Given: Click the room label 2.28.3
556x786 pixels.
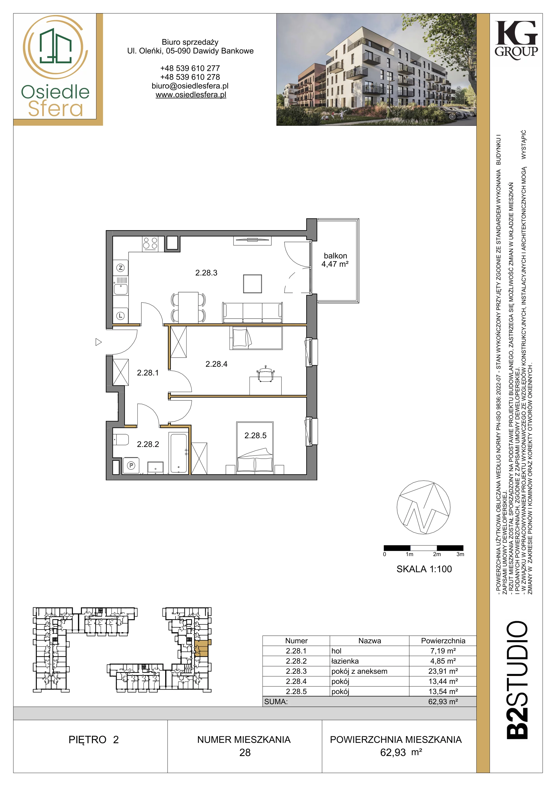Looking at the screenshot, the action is (206, 273).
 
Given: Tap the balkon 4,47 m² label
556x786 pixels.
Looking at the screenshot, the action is (335, 260).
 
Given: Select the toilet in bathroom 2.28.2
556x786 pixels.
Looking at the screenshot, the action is (121, 439).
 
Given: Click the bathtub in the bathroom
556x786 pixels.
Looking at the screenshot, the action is (178, 453).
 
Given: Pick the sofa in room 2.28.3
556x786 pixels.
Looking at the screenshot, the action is (252, 312).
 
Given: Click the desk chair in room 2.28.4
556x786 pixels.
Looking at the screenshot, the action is (265, 373).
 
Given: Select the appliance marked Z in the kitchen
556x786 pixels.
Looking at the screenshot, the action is (121, 268).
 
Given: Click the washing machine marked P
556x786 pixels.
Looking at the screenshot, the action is (131, 465).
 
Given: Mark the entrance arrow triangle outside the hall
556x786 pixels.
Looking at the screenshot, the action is (99, 342).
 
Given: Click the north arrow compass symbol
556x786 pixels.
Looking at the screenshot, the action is (424, 507).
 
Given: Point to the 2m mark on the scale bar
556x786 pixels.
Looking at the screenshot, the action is (437, 554).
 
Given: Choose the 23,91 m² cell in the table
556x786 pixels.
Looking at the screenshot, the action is (443, 671).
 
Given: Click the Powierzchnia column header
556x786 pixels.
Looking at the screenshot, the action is (443, 641).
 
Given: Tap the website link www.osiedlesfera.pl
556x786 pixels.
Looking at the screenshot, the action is (191, 95).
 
